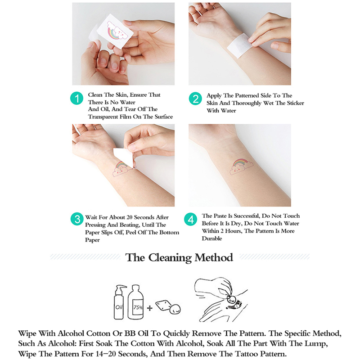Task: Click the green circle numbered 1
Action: click(76, 99)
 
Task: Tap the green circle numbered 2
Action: click(195, 99)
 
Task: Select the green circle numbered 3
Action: click(77, 219)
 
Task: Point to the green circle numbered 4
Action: click(190, 219)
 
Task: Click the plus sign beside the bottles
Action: click(150, 308)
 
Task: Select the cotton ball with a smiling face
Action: click(175, 309)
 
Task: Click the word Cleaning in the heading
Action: click(170, 258)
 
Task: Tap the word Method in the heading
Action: click(214, 257)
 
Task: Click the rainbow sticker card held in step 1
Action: click(115, 31)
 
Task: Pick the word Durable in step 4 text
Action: click(212, 238)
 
